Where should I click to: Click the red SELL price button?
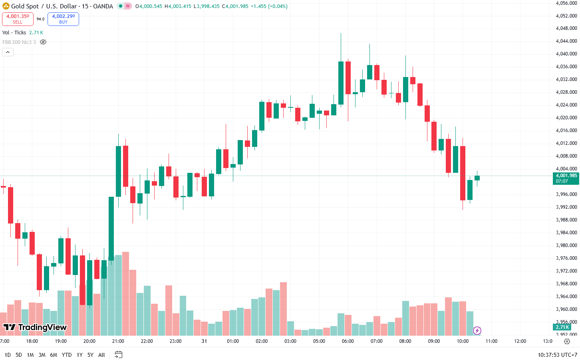[x=18, y=19]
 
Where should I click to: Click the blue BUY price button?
[x=63, y=19]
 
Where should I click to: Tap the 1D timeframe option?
[x=8, y=355]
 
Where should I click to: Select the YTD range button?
[x=67, y=355]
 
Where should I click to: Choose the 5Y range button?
[x=90, y=355]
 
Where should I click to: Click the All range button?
[x=101, y=355]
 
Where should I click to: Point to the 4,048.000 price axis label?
[x=566, y=28]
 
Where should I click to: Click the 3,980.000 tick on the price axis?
[x=566, y=245]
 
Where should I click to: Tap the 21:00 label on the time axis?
[x=118, y=341]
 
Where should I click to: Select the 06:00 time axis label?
[x=348, y=341]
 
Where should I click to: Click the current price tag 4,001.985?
[x=566, y=178]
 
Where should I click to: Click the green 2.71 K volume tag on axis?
[x=562, y=327]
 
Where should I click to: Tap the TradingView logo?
[x=35, y=327]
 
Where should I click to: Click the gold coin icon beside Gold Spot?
[x=6, y=6]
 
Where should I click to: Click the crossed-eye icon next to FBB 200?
[x=43, y=42]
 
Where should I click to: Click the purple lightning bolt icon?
[x=477, y=330]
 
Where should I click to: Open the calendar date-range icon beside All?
[x=118, y=354]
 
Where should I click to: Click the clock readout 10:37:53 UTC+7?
[x=557, y=355]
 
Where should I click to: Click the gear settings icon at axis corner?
[x=567, y=341]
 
